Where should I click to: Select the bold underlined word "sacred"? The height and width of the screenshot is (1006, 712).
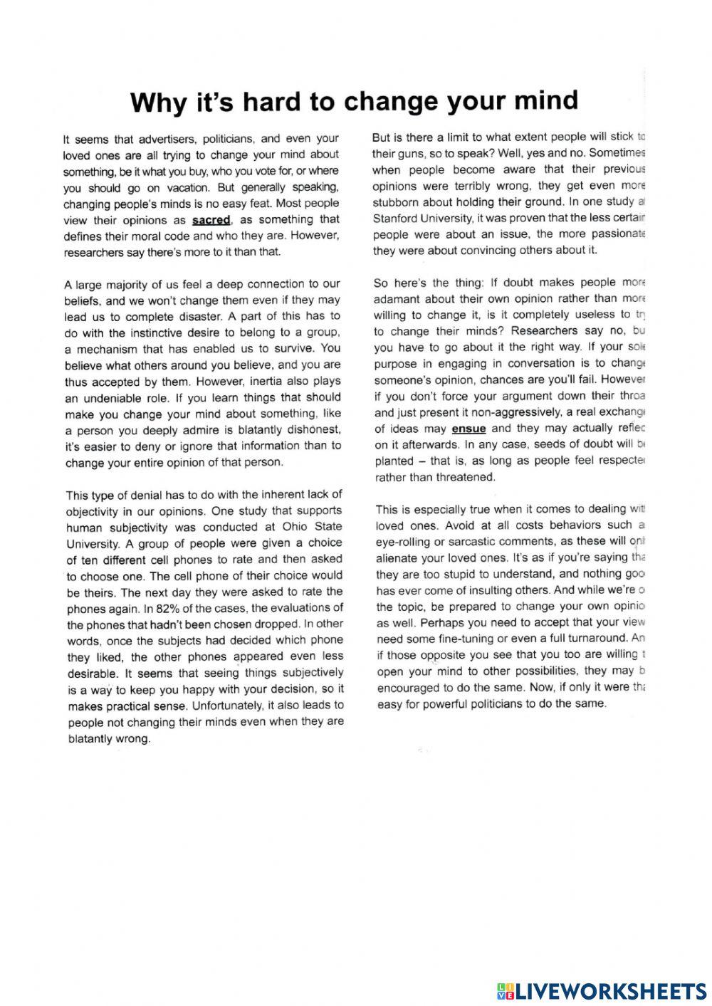[x=211, y=220]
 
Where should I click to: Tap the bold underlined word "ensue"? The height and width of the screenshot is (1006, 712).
[x=468, y=429]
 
